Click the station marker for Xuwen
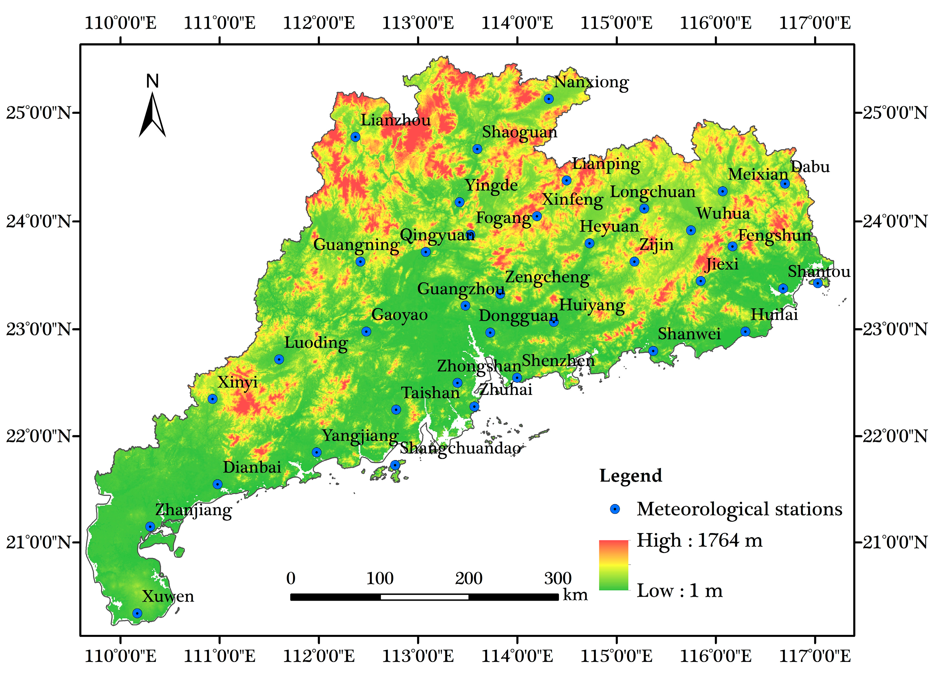[137, 613]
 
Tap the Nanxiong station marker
[549, 99]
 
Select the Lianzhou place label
[396, 120]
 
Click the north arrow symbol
[152, 114]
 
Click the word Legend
[630, 475]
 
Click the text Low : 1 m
[680, 590]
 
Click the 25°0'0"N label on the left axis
[38, 112]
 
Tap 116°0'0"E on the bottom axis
[716, 656]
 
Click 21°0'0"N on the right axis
[895, 542]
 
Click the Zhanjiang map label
[194, 510]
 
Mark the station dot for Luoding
[279, 359]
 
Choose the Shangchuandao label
[460, 448]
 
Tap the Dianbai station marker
[217, 484]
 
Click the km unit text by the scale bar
[575, 595]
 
